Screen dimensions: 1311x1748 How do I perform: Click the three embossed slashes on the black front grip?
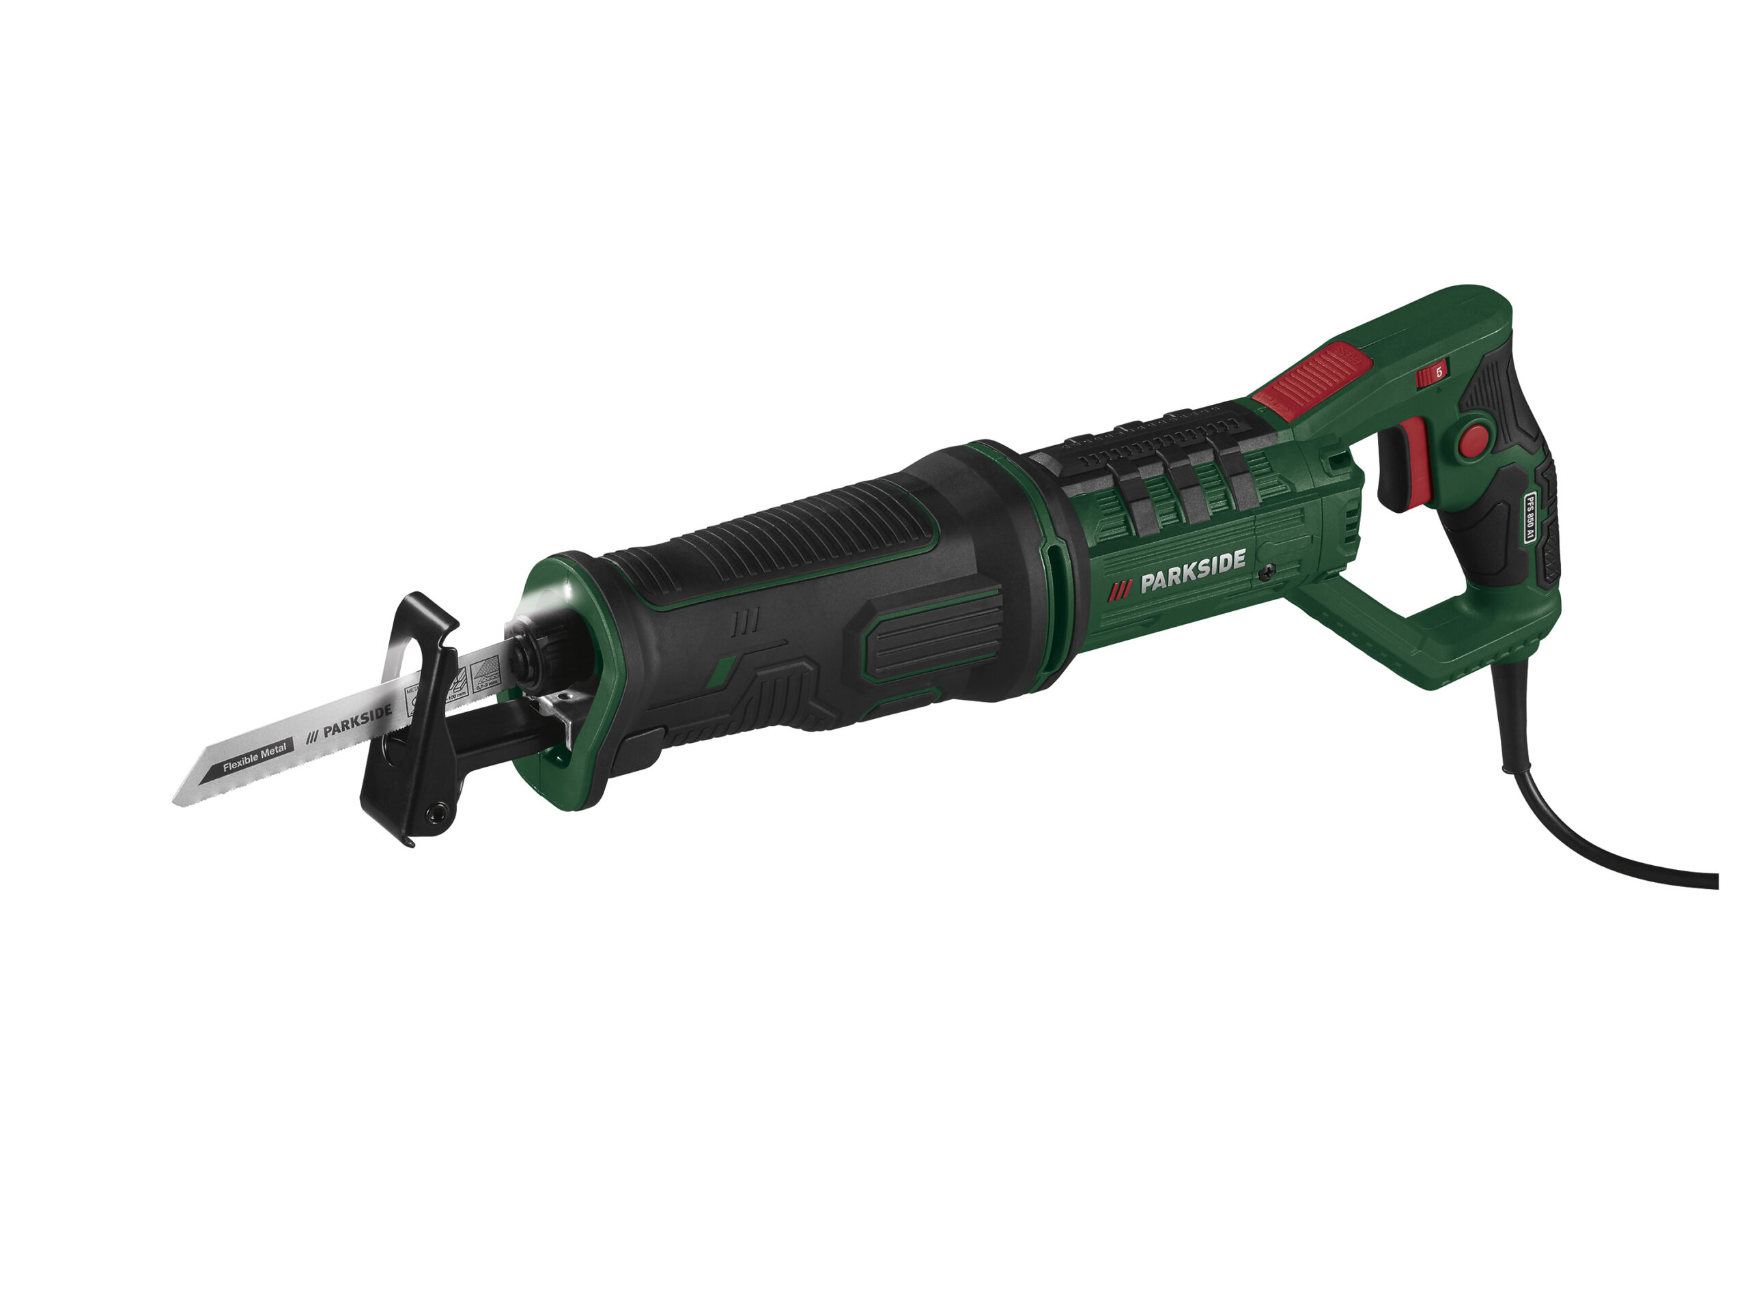[x=744, y=621]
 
